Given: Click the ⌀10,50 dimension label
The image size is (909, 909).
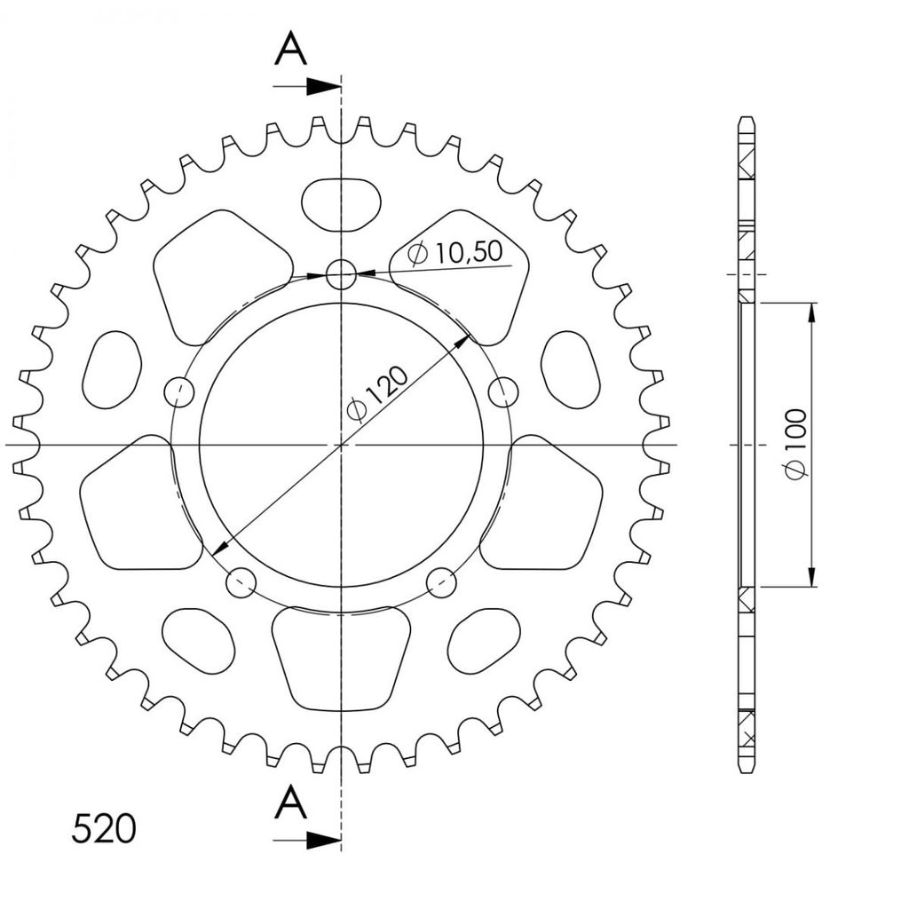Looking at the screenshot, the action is (x=455, y=253).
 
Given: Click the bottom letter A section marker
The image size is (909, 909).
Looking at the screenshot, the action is (x=290, y=802).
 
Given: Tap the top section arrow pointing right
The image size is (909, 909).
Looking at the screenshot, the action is (x=306, y=86).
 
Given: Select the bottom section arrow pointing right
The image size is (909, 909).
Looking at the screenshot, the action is (x=306, y=841).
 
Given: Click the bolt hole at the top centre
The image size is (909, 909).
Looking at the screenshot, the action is (x=341, y=273).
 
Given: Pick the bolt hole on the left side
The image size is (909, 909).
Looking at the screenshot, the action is (x=179, y=392).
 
